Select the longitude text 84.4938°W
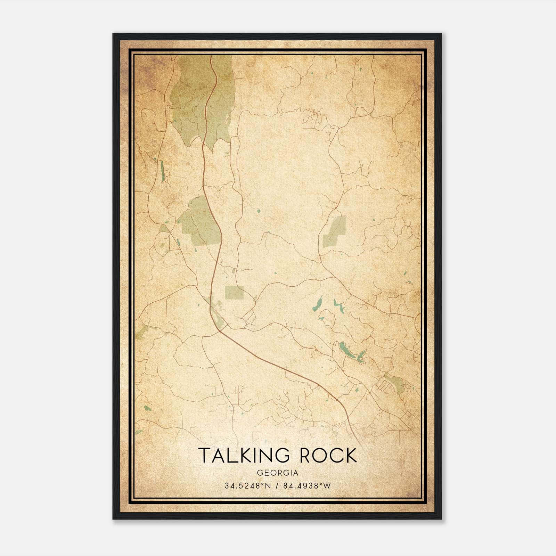tap(306, 486)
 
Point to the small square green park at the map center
tap(234, 293)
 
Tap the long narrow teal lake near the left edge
tap(162, 171)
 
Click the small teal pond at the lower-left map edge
tap(147, 408)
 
